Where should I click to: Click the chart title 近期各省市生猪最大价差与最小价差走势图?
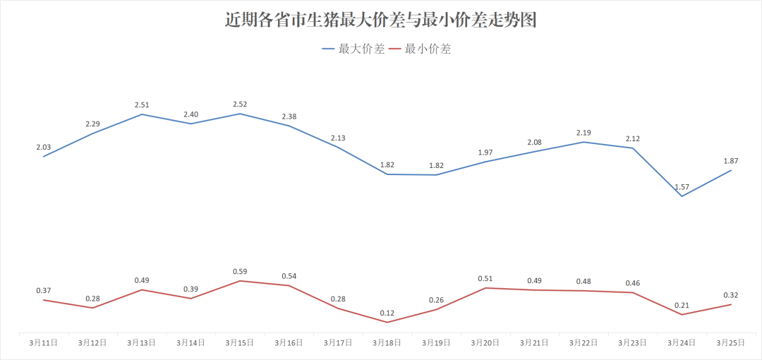click(x=381, y=20)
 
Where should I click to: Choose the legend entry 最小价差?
click(x=428, y=49)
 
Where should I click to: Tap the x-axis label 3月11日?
click(x=44, y=342)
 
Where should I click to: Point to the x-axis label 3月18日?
click(x=387, y=342)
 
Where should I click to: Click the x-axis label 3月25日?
click(x=731, y=342)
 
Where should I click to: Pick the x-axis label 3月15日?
click(x=240, y=342)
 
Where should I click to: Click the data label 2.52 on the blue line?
click(x=240, y=104)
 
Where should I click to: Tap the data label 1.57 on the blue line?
click(x=682, y=187)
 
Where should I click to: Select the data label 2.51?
click(x=142, y=105)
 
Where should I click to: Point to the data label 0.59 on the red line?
click(x=240, y=272)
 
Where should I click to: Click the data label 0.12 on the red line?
click(x=387, y=313)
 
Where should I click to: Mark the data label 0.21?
click(x=682, y=305)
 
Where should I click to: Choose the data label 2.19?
click(x=583, y=133)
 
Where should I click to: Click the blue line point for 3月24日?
click(x=682, y=196)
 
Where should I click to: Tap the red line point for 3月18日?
click(x=387, y=322)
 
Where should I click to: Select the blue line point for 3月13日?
click(x=142, y=114)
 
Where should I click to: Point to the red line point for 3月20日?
click(x=485, y=288)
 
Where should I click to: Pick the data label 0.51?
click(x=485, y=279)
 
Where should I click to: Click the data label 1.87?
click(x=731, y=161)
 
